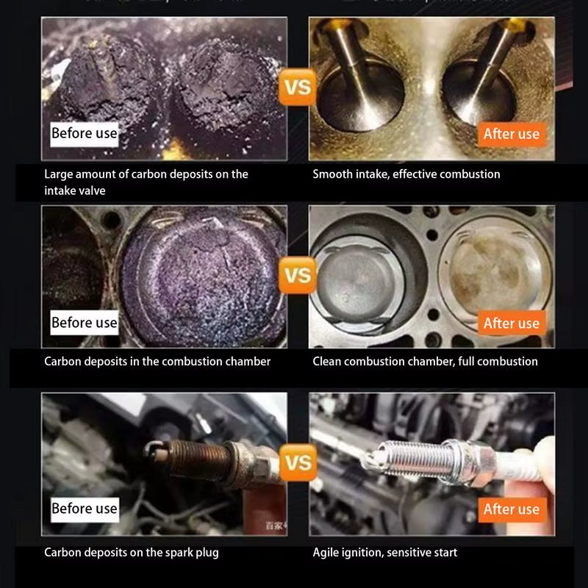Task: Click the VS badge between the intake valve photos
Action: [298, 89]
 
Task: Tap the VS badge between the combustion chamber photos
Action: [298, 277]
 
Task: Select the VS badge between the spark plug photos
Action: [298, 464]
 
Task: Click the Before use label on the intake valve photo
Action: [84, 134]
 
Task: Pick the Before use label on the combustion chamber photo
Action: [84, 322]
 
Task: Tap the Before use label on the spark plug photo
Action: [84, 509]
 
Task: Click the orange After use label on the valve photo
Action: [511, 134]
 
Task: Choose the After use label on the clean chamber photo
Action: [511, 323]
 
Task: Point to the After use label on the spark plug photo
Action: [511, 509]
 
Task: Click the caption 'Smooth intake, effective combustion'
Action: [406, 174]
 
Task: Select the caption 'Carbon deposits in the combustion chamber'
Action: [157, 361]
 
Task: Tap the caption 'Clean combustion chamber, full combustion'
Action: [425, 361]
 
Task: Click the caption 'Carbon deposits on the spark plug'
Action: [131, 552]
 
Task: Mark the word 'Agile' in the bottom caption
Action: [327, 552]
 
